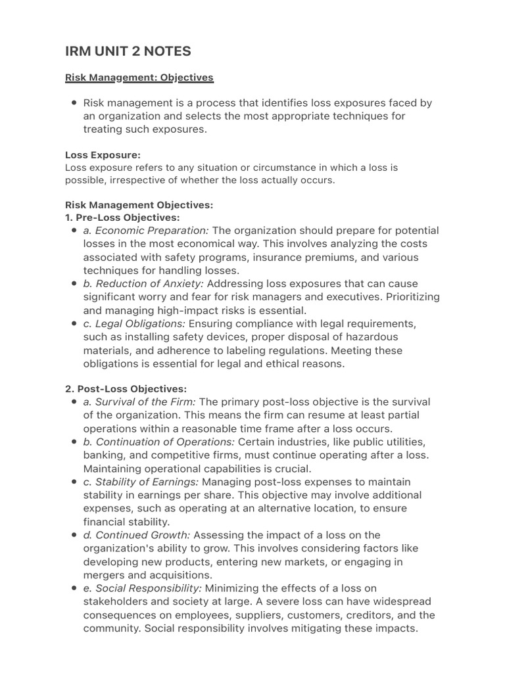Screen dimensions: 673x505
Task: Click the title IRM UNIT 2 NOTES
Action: pyautogui.click(x=129, y=51)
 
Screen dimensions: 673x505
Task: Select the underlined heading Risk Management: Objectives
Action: pyautogui.click(x=139, y=78)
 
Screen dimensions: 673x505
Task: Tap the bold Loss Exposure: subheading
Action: pyautogui.click(x=103, y=155)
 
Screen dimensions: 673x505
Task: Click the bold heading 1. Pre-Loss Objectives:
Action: pyautogui.click(x=122, y=218)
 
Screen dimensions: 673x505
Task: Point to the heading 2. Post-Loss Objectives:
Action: pyautogui.click(x=126, y=389)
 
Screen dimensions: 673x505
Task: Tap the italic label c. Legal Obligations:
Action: pyautogui.click(x=134, y=324)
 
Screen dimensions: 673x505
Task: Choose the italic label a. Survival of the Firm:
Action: pyautogui.click(x=139, y=402)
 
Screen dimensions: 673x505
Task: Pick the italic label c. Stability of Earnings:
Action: pyautogui.click(x=144, y=482)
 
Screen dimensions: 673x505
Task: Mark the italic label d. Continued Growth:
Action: pyautogui.click(x=137, y=535)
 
